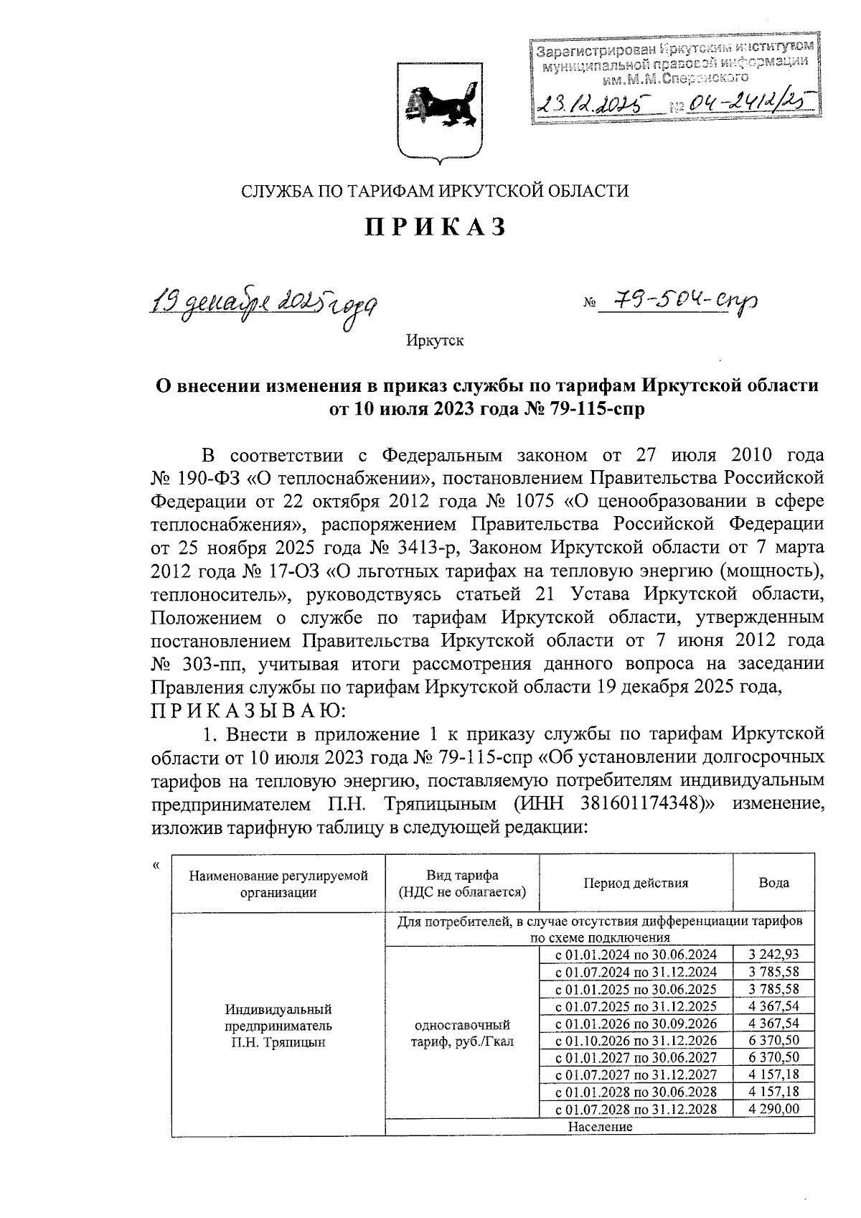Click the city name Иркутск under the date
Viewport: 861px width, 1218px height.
(x=435, y=340)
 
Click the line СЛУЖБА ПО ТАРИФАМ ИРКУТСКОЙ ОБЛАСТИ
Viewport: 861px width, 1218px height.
(x=435, y=191)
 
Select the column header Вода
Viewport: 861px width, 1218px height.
(x=773, y=883)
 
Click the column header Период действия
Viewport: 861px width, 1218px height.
(x=635, y=883)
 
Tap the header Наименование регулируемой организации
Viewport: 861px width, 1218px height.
(x=278, y=884)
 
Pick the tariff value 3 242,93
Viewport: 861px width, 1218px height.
(x=773, y=955)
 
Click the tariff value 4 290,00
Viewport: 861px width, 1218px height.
(x=773, y=1109)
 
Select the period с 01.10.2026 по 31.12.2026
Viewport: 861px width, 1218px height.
(x=636, y=1040)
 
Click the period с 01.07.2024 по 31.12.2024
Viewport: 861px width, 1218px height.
(x=636, y=972)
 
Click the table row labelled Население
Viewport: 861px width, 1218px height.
(x=600, y=1127)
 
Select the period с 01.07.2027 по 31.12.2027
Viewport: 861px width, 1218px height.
(x=636, y=1074)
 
